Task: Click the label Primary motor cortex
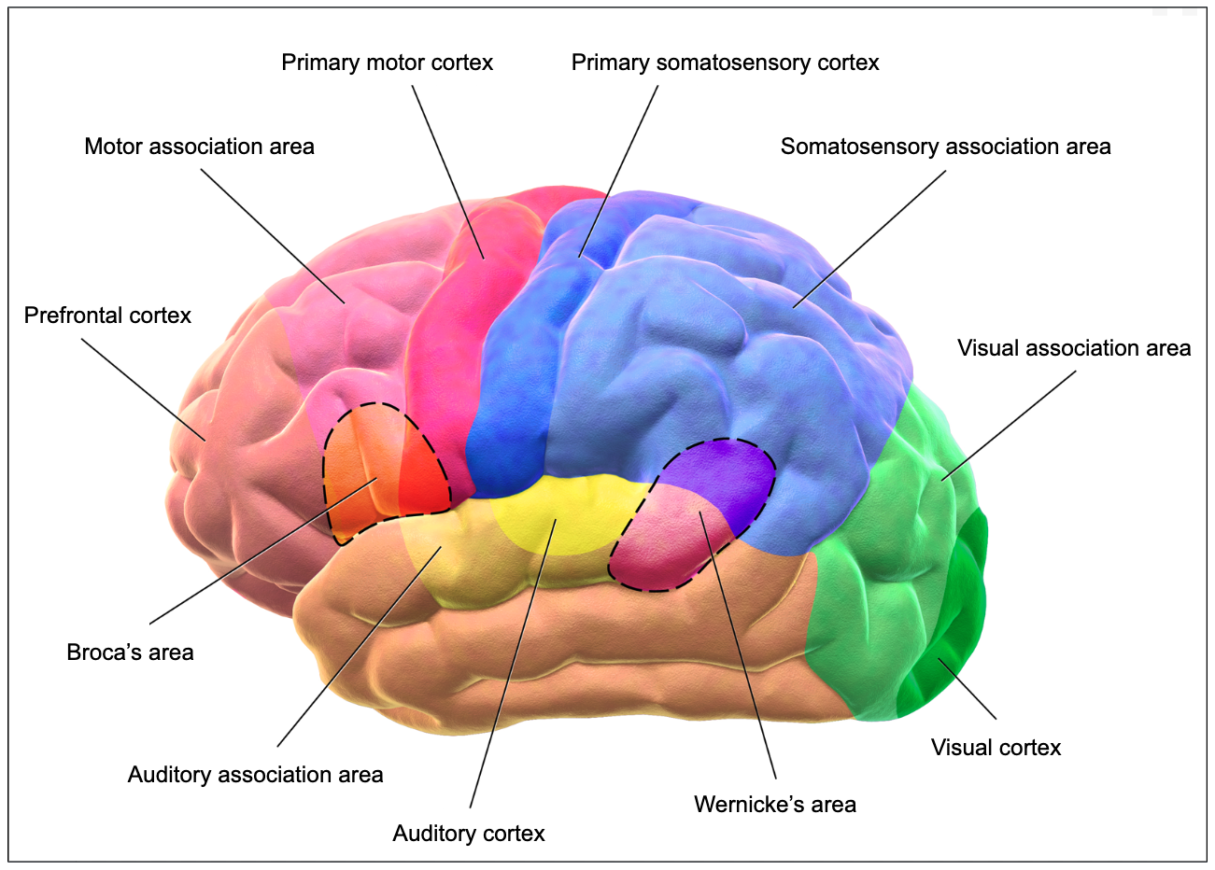(x=387, y=63)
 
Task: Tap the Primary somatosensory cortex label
(x=725, y=63)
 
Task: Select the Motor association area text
(x=199, y=147)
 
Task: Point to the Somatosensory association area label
(x=945, y=147)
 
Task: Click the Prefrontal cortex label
(x=107, y=316)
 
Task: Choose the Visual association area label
(x=1074, y=348)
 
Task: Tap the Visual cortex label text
(x=996, y=748)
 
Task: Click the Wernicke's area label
(x=774, y=804)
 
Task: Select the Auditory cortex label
(x=468, y=833)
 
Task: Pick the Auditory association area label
(x=255, y=775)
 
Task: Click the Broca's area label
(x=130, y=652)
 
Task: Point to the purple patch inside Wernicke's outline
(x=724, y=476)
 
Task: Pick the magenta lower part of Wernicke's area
(x=658, y=551)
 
